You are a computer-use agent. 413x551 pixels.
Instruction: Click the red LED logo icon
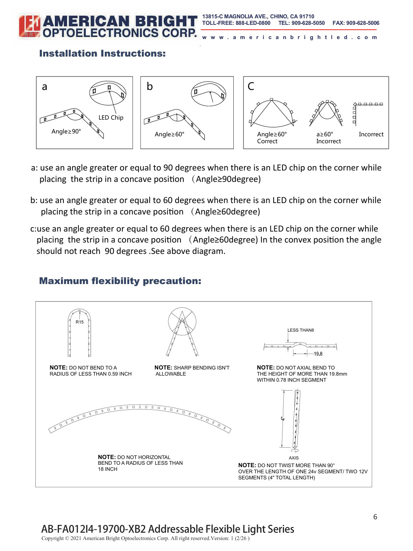(x=29, y=26)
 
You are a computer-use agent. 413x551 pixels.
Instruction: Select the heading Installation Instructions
(x=102, y=53)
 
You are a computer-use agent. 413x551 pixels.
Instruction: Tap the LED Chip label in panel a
(x=111, y=118)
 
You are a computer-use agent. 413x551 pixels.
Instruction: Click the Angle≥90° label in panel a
(x=66, y=131)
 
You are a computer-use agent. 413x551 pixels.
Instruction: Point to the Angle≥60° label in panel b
(x=170, y=134)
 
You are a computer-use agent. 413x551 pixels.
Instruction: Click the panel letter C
(x=251, y=86)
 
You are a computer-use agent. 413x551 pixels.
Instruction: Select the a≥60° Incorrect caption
(x=328, y=138)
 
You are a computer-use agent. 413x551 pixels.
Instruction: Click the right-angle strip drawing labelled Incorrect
(x=368, y=114)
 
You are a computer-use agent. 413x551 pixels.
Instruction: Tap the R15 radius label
(x=80, y=322)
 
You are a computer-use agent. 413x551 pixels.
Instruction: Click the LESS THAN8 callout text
(x=301, y=330)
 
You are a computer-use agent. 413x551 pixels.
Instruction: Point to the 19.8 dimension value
(x=318, y=354)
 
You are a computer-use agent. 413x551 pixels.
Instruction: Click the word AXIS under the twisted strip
(x=293, y=458)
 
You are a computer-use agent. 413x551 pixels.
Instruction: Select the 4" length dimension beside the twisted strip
(x=283, y=419)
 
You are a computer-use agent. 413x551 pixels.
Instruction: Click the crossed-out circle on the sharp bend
(x=182, y=321)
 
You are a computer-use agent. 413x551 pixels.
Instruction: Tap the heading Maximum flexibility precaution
(x=120, y=281)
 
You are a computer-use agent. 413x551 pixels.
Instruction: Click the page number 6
(x=375, y=516)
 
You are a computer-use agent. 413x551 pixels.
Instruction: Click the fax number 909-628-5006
(x=363, y=23)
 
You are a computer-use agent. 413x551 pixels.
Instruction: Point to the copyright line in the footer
(x=146, y=538)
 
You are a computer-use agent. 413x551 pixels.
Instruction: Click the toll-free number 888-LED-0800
(x=253, y=23)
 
